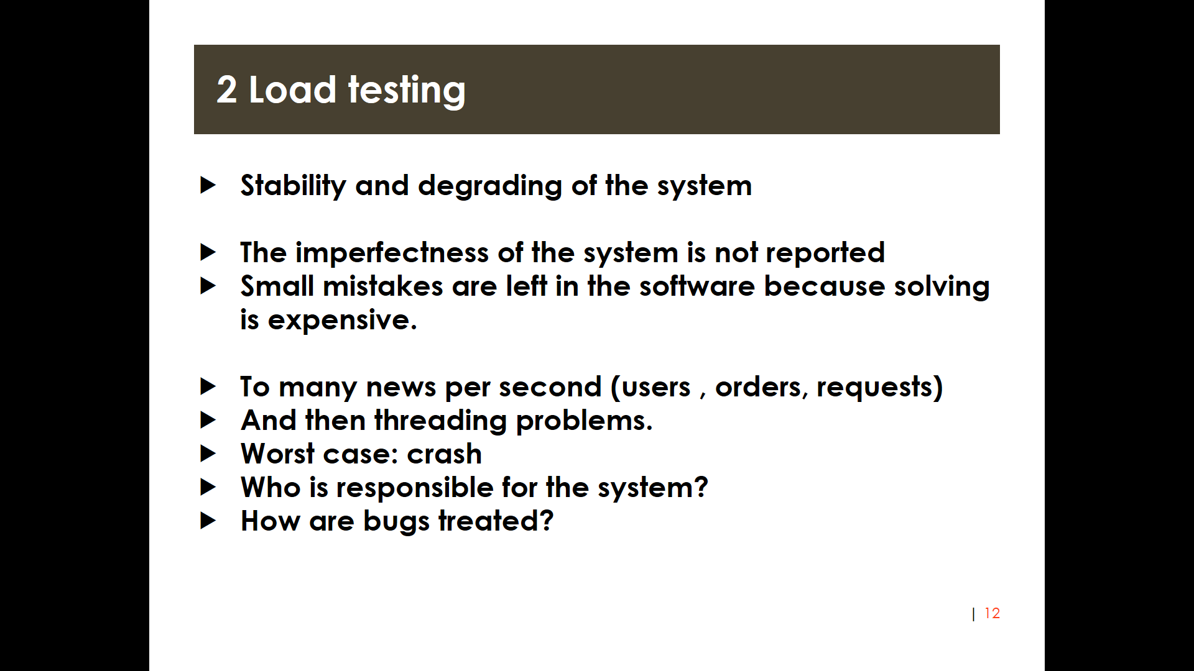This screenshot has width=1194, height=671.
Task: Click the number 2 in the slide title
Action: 227,89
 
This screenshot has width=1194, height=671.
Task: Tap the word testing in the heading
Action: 407,91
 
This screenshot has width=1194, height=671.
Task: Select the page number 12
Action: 992,613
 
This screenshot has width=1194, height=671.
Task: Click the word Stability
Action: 293,186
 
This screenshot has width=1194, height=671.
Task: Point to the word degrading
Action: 490,186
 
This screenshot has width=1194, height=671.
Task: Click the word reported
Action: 825,253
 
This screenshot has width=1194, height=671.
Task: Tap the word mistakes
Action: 383,286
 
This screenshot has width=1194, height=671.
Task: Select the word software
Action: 697,286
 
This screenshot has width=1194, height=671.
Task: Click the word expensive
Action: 342,320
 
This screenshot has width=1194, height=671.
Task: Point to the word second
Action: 550,387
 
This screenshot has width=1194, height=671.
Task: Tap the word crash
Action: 444,454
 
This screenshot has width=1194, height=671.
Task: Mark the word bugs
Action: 396,521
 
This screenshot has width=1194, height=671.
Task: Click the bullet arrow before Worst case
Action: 208,454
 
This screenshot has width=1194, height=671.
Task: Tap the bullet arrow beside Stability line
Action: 208,185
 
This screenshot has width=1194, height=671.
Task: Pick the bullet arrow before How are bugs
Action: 208,521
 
